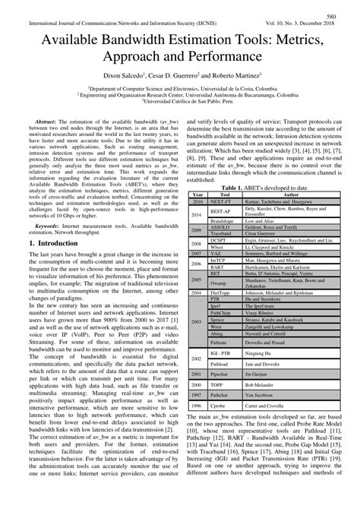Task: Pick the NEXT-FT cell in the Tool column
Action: click(x=223, y=201)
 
